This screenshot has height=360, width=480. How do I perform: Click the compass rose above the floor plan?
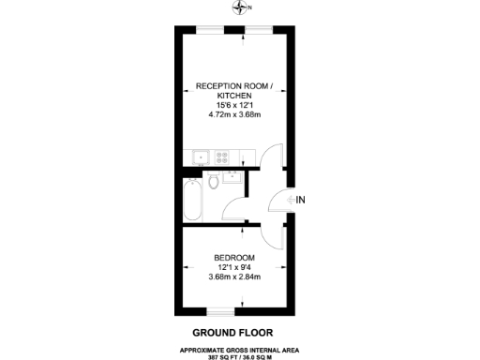click(242, 8)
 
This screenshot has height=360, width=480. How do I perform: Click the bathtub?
click(192, 198)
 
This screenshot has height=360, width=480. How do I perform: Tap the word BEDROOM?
click(233, 258)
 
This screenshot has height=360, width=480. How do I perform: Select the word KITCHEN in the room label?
click(233, 97)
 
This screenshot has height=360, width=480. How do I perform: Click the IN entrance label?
click(300, 200)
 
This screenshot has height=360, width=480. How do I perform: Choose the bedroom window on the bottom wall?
click(219, 308)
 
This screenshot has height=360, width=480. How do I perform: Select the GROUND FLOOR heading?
click(233, 332)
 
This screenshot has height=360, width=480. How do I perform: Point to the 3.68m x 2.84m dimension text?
click(233, 277)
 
